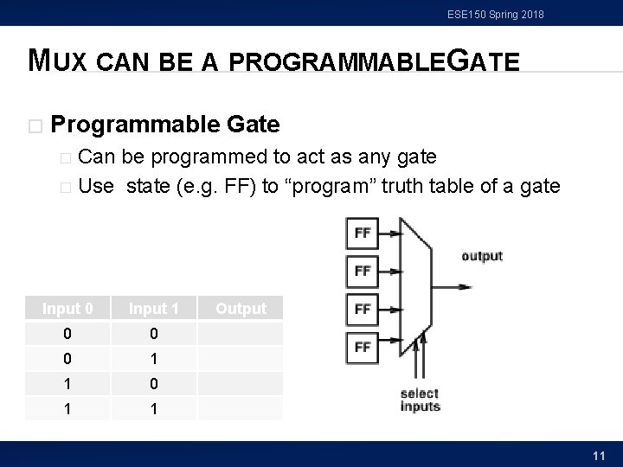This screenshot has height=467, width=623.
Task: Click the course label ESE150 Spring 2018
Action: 496,14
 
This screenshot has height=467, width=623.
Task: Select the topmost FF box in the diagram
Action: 363,233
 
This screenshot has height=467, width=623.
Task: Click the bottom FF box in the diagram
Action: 363,347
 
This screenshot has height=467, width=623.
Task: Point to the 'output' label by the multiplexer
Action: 482,256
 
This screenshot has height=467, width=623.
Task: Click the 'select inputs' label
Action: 420,400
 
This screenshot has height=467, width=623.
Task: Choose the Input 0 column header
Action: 67,309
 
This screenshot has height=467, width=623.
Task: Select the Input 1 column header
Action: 153,309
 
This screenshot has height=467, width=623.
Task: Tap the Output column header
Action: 241,309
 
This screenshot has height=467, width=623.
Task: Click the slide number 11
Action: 598,455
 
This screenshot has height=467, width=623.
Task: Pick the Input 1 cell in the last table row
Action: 153,408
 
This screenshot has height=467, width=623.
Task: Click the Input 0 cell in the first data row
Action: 67,333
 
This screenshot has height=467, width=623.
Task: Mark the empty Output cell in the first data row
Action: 241,333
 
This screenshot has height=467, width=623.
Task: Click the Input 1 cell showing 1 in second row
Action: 153,358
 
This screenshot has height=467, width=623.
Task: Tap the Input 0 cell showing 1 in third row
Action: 67,383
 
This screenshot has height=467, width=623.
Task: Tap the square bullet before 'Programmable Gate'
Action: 35,126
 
